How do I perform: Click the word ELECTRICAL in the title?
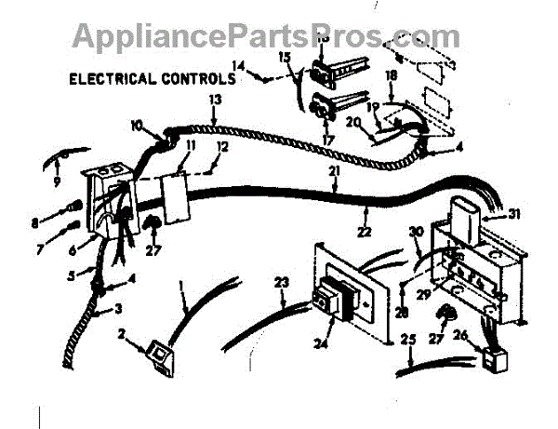(x=113, y=80)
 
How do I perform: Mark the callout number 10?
(x=138, y=125)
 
